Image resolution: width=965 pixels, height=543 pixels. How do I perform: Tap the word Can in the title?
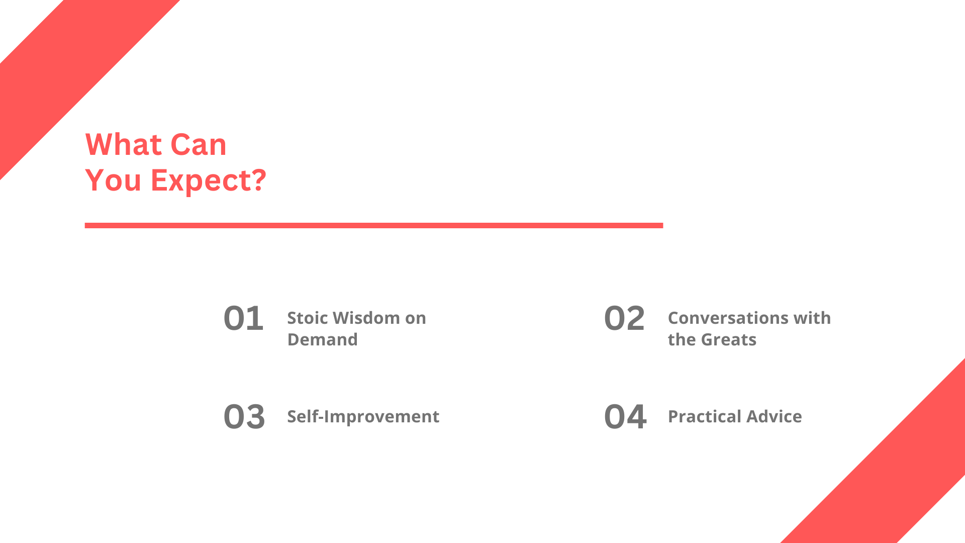pyautogui.click(x=199, y=145)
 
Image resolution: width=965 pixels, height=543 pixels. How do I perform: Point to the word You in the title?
pyautogui.click(x=113, y=180)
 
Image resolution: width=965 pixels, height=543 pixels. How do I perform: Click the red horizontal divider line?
pyautogui.click(x=374, y=225)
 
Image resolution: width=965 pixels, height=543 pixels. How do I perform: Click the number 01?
pyautogui.click(x=244, y=318)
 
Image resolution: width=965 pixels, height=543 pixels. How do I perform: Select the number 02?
pyautogui.click(x=624, y=318)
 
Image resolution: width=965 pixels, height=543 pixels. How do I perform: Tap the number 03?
pyautogui.click(x=244, y=417)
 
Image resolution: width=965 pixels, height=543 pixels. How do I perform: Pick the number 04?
pyautogui.click(x=625, y=417)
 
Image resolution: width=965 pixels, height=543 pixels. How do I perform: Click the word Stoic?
pyautogui.click(x=308, y=318)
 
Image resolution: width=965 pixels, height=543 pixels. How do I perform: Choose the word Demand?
pyautogui.click(x=322, y=339)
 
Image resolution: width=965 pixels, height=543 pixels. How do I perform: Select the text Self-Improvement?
pyautogui.click(x=363, y=417)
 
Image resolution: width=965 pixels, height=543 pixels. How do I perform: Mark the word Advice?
pyautogui.click(x=774, y=416)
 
